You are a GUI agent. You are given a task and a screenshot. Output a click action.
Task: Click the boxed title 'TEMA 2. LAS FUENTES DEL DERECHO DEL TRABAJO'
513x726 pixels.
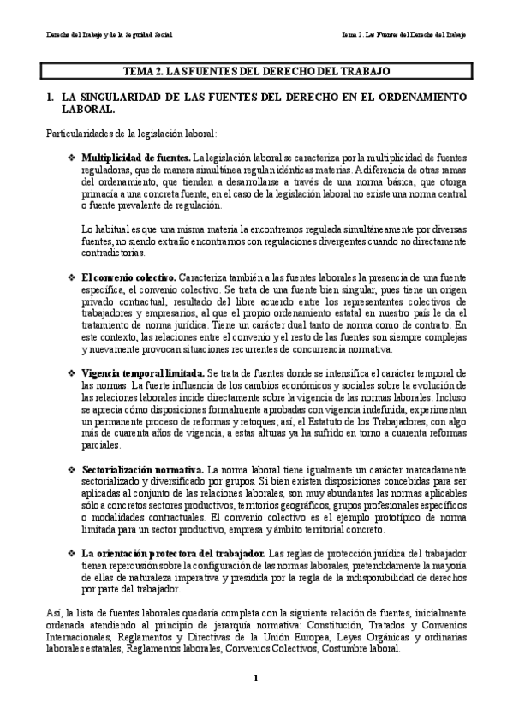(x=256, y=72)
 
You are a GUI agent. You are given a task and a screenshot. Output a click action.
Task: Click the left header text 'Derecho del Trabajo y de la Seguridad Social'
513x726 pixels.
(x=109, y=35)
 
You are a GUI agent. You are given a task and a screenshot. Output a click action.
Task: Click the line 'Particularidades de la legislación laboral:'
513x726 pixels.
(x=131, y=134)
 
